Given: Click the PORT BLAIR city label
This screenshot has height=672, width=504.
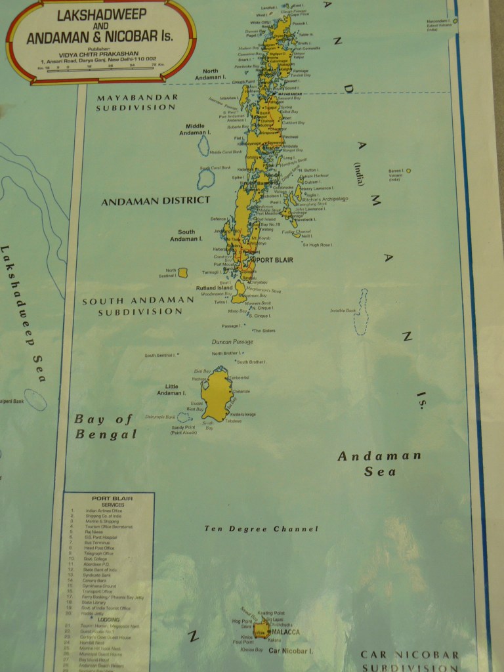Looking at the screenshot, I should pyautogui.click(x=274, y=260).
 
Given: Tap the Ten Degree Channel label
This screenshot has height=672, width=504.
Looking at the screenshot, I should pyautogui.click(x=261, y=529).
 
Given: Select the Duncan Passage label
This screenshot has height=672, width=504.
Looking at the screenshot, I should pyautogui.click(x=232, y=342).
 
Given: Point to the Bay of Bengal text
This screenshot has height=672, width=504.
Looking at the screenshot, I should pyautogui.click(x=105, y=427).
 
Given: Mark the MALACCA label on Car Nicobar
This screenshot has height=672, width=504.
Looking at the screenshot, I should pyautogui.click(x=286, y=632).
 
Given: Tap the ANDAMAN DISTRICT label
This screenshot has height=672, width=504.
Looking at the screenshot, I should pyautogui.click(x=156, y=201).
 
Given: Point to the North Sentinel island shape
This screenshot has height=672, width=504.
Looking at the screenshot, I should pyautogui.click(x=183, y=272).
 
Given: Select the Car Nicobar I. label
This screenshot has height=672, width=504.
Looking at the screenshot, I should pyautogui.click(x=290, y=650).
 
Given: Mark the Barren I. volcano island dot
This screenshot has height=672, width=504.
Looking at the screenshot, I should pyautogui.click(x=408, y=171).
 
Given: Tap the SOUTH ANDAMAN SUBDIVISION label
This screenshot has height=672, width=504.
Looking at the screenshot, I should pyautogui.click(x=138, y=306).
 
